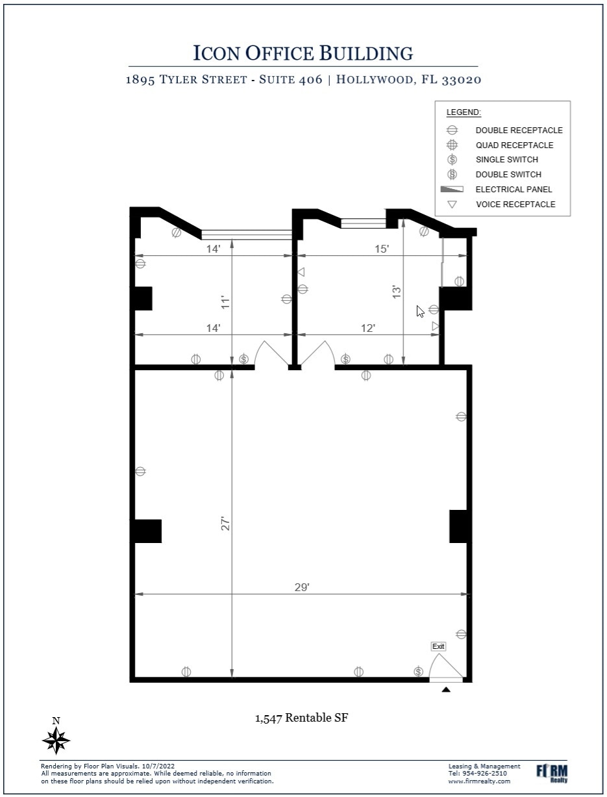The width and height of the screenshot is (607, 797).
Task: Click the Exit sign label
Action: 438,646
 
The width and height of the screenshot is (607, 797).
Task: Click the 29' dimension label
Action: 302,587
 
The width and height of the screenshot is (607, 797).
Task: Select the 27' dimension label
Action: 225,524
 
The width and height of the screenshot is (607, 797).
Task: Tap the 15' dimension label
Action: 382,249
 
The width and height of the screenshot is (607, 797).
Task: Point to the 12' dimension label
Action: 367,328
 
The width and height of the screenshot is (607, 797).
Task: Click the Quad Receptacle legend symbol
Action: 452,145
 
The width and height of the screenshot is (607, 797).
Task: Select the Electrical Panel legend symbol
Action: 452,190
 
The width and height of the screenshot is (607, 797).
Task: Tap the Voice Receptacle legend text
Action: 515,205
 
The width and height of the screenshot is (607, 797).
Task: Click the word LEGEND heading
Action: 464,112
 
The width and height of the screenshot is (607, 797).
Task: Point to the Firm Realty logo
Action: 552,772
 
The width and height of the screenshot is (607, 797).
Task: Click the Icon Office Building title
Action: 303,53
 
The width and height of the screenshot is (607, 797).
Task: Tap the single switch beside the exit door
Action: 418,672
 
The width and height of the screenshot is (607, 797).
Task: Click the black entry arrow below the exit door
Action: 445,690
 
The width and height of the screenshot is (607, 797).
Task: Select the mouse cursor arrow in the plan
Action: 420,311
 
